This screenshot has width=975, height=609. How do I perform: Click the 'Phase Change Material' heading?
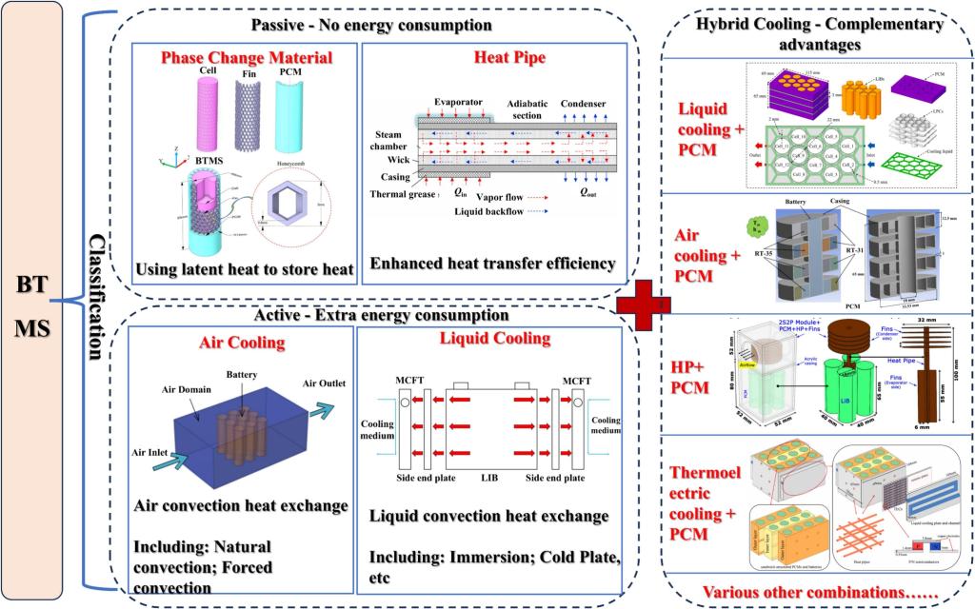pos(247,58)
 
